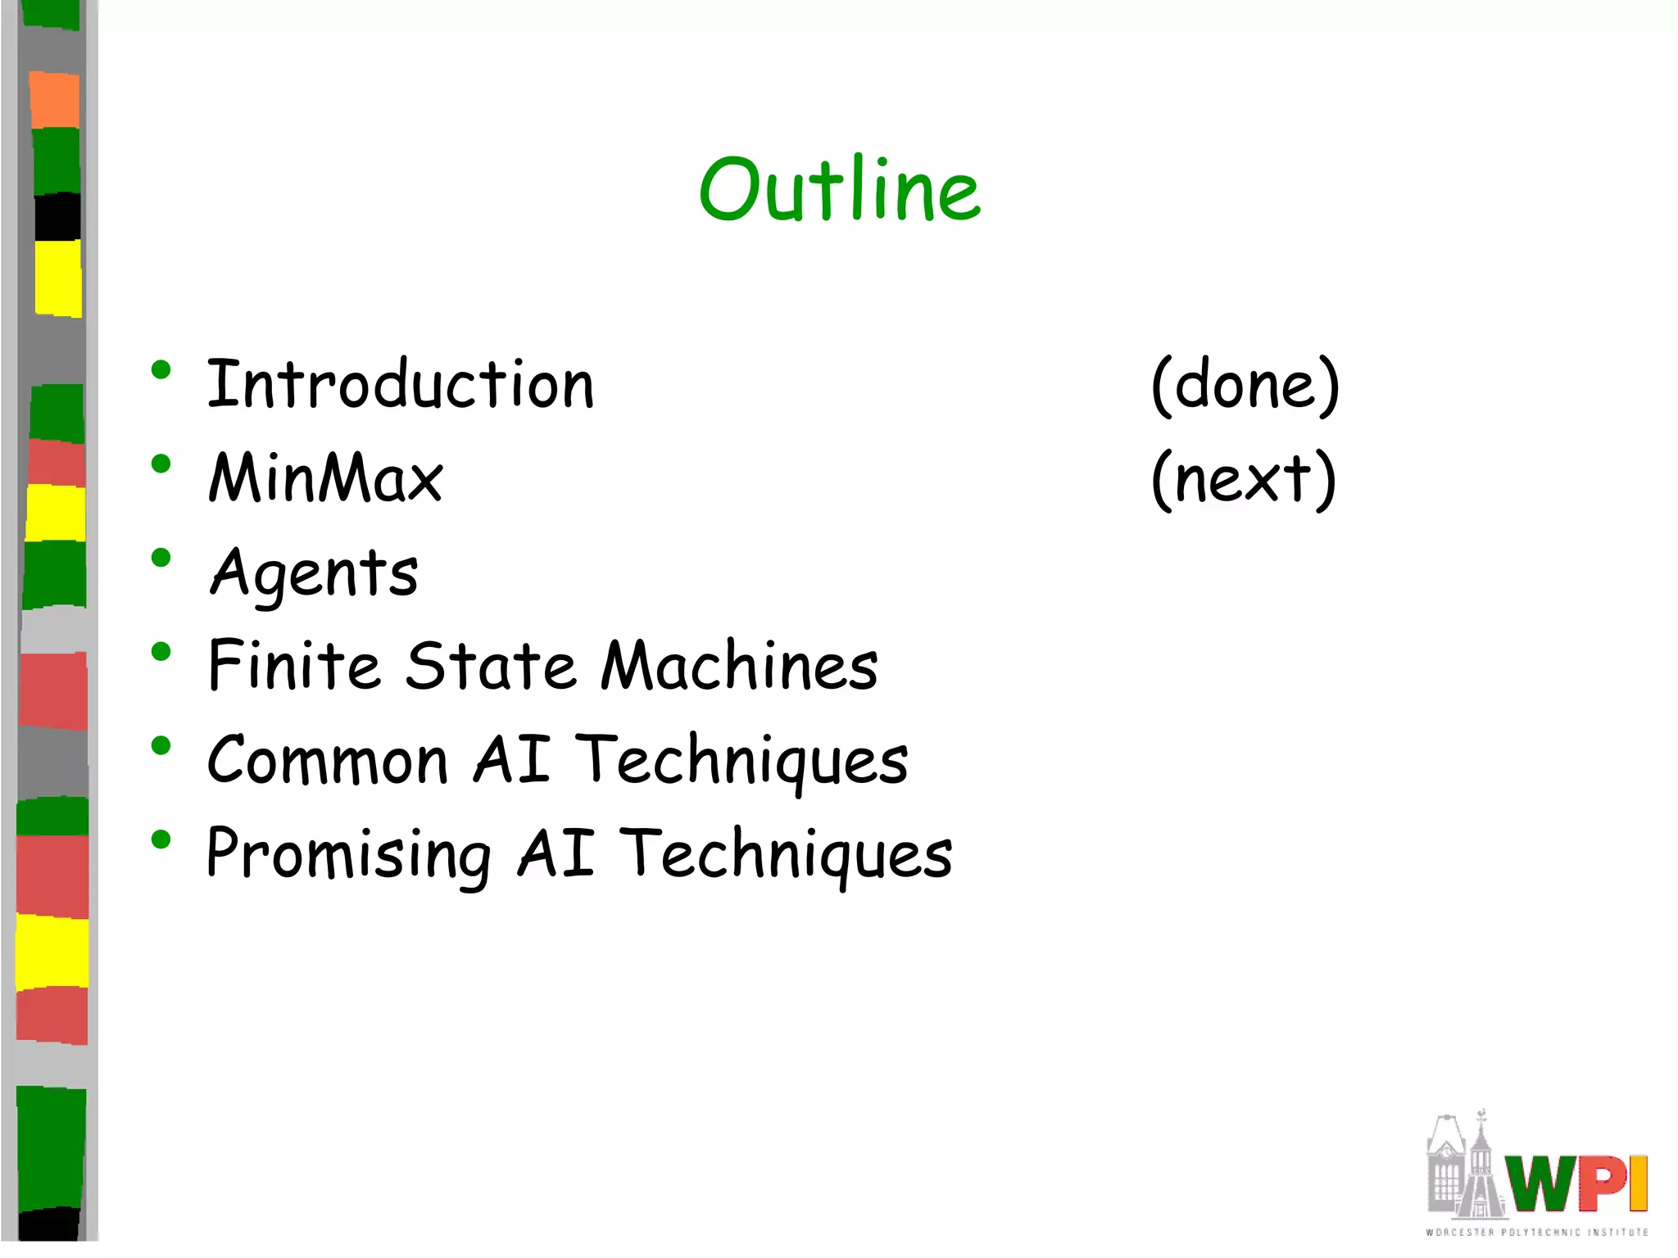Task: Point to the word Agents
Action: (x=314, y=573)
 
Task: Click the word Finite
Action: (x=294, y=665)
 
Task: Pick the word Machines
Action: (x=739, y=665)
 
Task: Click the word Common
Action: (x=327, y=760)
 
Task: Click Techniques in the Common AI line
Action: (x=741, y=760)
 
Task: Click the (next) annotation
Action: (x=1243, y=478)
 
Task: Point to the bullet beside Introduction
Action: (x=161, y=370)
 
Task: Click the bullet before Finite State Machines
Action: (x=161, y=652)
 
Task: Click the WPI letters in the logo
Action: (x=1576, y=1183)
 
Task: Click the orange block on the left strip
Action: (x=55, y=100)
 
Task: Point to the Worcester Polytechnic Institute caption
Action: (x=1536, y=1232)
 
